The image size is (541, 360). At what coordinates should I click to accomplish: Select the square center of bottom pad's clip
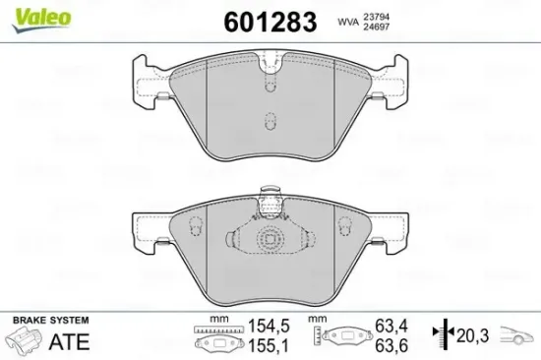click(x=269, y=240)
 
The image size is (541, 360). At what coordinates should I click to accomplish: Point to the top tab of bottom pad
click(x=269, y=202)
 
